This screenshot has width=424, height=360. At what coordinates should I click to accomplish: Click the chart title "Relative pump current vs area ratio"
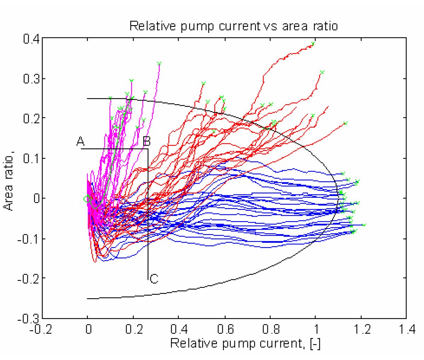[234, 26]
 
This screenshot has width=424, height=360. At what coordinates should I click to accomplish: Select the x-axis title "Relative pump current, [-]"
[245, 343]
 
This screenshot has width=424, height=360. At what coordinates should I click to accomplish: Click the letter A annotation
[80, 142]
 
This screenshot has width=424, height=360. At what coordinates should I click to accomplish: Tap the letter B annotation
[147, 142]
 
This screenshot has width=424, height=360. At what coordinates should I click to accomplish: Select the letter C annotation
[154, 279]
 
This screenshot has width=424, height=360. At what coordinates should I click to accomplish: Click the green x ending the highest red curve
[313, 44]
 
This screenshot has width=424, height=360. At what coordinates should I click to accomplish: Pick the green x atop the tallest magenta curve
[159, 64]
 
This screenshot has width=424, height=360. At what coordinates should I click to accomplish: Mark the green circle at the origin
[86, 199]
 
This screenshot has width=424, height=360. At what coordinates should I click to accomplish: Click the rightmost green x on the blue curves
[364, 225]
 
